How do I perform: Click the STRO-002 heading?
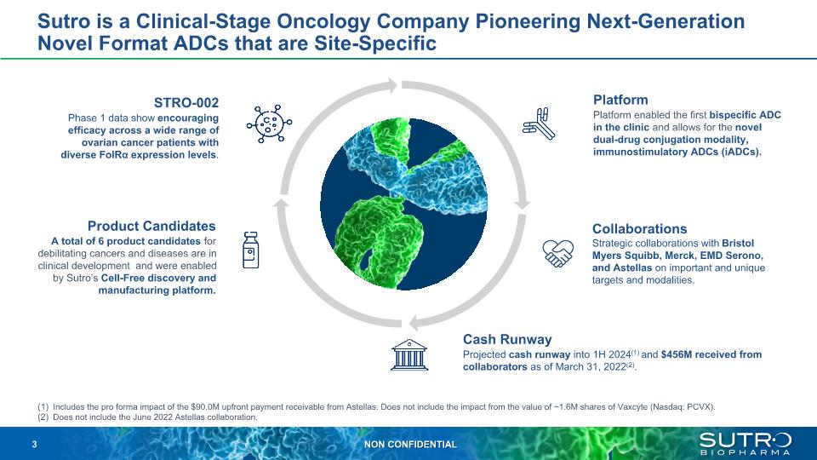click(186, 103)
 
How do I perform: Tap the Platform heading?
click(620, 100)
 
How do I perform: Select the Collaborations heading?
click(639, 229)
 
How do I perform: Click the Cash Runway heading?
click(507, 340)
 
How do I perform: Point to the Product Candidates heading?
click(151, 226)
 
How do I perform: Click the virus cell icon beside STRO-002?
click(270, 124)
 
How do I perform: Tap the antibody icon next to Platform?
click(539, 124)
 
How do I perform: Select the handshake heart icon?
click(558, 254)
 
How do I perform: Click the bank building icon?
click(409, 355)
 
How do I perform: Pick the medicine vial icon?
click(250, 250)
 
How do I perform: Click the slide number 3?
click(34, 445)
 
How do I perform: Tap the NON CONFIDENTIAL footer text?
click(410, 445)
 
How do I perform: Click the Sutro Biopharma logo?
click(746, 443)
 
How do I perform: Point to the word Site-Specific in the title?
click(375, 43)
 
